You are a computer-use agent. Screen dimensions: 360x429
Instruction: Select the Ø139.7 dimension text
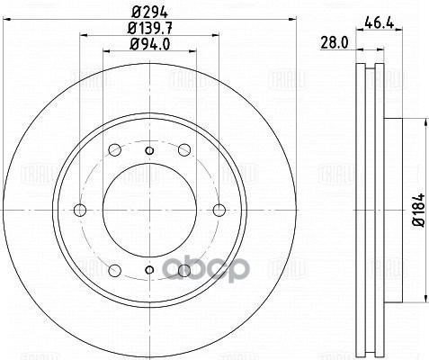click(x=151, y=29)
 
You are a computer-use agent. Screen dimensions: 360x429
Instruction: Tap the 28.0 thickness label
click(x=335, y=41)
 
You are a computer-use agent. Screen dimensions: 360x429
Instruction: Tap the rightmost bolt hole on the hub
click(x=220, y=211)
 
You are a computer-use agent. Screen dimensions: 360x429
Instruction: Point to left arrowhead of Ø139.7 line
click(x=82, y=36)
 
